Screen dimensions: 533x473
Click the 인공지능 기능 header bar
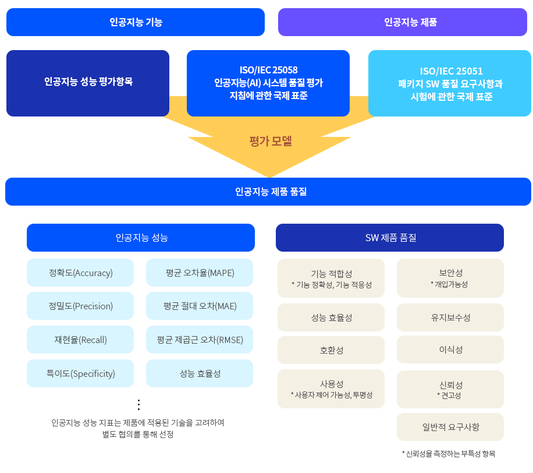[x=136, y=22]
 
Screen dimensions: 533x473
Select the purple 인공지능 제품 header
[x=403, y=22]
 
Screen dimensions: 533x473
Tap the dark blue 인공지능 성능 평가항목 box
[x=88, y=83]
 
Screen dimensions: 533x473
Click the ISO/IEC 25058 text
[x=269, y=70]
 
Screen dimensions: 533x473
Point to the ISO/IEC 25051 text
[x=451, y=71]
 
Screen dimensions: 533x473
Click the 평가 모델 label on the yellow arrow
[x=271, y=141]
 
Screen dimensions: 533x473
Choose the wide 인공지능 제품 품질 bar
[x=268, y=192]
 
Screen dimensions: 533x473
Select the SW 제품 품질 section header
[x=389, y=238]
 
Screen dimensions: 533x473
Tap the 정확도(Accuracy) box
[x=80, y=273]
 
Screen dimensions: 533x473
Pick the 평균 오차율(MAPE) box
[x=200, y=273]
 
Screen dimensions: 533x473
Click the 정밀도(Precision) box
[x=80, y=306]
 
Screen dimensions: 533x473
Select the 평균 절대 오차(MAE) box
[x=200, y=306]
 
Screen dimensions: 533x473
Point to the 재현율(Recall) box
[x=80, y=340]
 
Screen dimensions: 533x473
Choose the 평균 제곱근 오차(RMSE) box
[x=200, y=340]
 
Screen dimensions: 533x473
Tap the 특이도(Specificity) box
[x=80, y=373]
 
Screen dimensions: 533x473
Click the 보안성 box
[x=450, y=278]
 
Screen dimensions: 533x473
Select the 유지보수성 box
[x=450, y=317]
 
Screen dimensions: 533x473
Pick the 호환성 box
[x=331, y=350]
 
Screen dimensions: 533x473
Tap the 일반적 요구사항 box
[x=450, y=427]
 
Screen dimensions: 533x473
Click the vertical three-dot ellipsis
[x=138, y=405]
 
